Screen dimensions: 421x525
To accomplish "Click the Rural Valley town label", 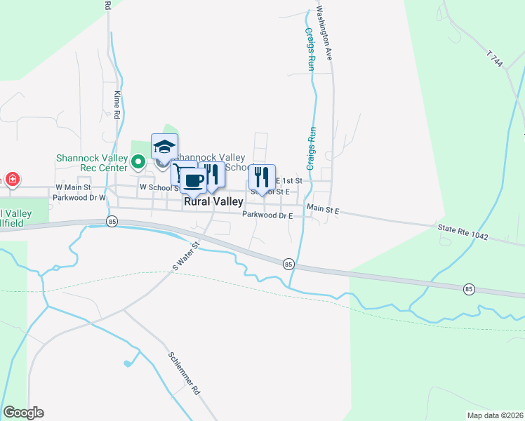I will point(213,202).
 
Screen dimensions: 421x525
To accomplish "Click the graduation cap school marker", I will point(164,147).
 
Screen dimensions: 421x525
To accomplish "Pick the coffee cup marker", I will point(193,180).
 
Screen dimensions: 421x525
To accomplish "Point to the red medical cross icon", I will point(11,180).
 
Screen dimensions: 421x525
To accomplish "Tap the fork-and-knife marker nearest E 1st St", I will point(262,178).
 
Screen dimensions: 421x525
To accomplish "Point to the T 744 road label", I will point(496,59).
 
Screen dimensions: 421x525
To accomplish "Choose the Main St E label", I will point(323,209).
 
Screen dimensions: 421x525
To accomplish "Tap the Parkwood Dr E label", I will point(267,215).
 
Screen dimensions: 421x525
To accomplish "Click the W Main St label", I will point(74,188).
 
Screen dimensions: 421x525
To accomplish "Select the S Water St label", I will point(186,256).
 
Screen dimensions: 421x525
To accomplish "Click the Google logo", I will point(23,413).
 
